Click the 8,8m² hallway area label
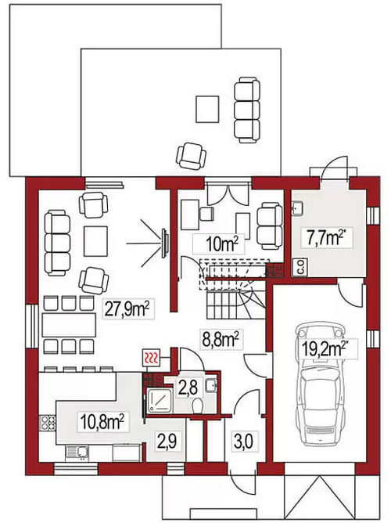221,340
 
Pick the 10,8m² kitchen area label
103,422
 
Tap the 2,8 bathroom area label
188,388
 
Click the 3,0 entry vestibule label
243,441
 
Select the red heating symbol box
152,358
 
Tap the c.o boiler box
300,267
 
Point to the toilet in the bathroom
198,405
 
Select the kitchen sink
77,453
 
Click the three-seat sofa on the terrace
246,110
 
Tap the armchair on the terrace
191,156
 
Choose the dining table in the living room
69,325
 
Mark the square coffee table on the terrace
207,109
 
